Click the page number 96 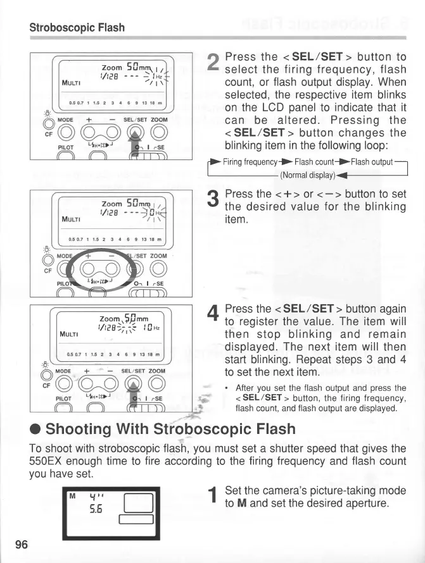tap(21, 545)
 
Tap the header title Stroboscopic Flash tap(77, 28)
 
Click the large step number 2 tap(213, 62)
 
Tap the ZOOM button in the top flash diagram tap(159, 132)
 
